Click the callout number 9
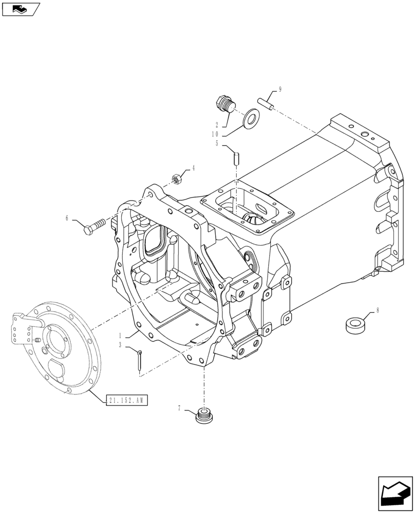point(280,90)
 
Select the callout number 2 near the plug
point(217,125)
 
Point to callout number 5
point(218,144)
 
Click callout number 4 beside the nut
point(194,167)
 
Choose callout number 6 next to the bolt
point(67,219)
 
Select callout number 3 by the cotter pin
point(120,345)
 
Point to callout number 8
point(378,310)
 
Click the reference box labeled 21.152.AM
point(125,400)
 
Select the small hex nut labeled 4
point(174,179)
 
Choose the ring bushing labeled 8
point(354,325)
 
